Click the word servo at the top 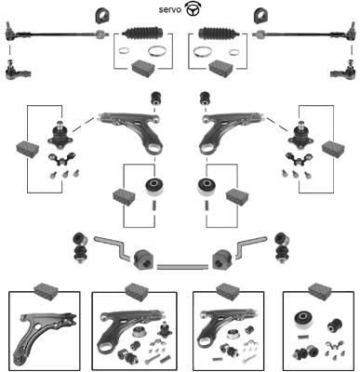pos(170,10)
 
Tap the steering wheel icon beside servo pos(193,9)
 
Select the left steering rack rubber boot pos(142,33)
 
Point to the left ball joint pos(60,134)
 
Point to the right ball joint pos(300,134)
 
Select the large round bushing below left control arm pos(154,187)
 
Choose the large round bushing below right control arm pos(207,187)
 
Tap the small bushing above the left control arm pos(155,99)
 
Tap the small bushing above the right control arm pos(205,99)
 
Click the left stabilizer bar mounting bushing pos(143,259)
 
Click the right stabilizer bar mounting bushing pos(222,259)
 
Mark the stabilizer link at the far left pos(80,247)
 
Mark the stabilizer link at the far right pos(282,247)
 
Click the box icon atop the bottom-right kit pos(321,291)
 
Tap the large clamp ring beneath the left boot pos(155,51)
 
